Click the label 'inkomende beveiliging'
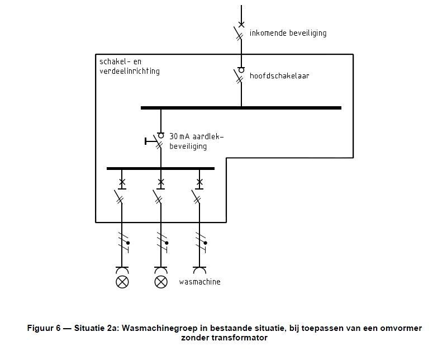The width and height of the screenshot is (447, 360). point(288,34)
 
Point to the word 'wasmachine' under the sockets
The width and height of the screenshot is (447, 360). point(199,282)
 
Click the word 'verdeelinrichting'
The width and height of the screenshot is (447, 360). point(129,72)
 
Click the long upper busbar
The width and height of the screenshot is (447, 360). point(241,107)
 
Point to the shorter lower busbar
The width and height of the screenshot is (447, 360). point(160,168)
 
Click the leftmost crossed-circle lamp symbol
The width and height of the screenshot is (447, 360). point(121,281)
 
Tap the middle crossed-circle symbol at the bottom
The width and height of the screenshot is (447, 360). point(160,281)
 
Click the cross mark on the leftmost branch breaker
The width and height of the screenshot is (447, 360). point(122,182)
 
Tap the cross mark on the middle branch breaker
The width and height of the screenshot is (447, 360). point(161,182)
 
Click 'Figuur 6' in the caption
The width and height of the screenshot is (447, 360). point(43,329)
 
